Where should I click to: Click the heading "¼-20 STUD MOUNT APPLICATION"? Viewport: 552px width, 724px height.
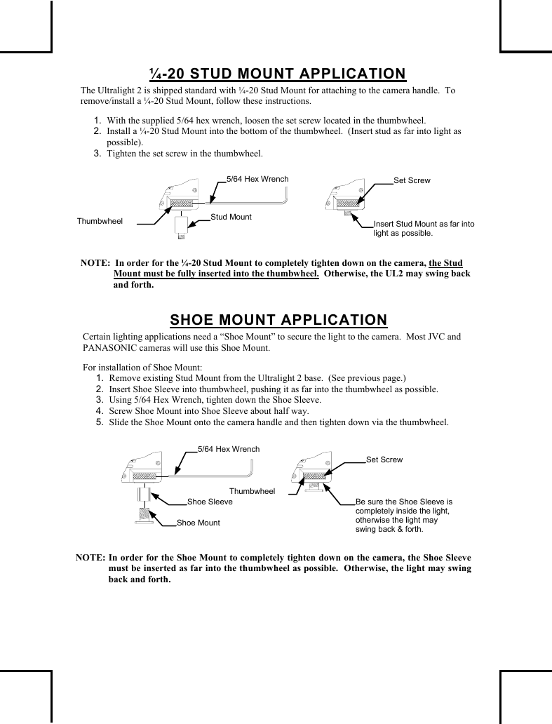pos(278,74)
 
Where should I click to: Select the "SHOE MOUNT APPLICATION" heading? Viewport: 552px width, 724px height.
pos(278,320)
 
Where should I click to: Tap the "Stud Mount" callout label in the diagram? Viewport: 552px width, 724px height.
pos(231,217)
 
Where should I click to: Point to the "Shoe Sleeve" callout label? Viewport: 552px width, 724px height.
pos(210,502)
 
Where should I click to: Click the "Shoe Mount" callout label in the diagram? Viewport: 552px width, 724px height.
pos(198,523)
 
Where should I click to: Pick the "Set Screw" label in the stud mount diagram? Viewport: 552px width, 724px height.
pos(412,181)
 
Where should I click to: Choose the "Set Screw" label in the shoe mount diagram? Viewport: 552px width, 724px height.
pos(384,460)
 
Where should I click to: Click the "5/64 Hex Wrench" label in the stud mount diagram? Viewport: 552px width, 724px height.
pos(257,179)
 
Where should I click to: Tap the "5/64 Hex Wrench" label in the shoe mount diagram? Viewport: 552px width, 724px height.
pos(229,449)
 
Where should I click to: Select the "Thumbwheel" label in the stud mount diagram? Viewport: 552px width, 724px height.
pos(100,221)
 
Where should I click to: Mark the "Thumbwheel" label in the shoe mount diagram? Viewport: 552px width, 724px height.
pos(252,491)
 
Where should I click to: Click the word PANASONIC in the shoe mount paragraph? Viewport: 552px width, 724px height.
pos(111,348)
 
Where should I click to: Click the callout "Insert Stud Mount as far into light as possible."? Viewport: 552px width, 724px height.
pos(424,228)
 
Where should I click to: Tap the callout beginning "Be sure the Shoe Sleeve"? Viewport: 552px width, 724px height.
pos(404,516)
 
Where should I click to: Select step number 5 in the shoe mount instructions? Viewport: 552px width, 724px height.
pos(100,422)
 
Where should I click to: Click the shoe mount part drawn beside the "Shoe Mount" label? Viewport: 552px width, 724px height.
pos(144,516)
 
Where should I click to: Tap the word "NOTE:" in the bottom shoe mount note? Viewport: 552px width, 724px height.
pos(90,557)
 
